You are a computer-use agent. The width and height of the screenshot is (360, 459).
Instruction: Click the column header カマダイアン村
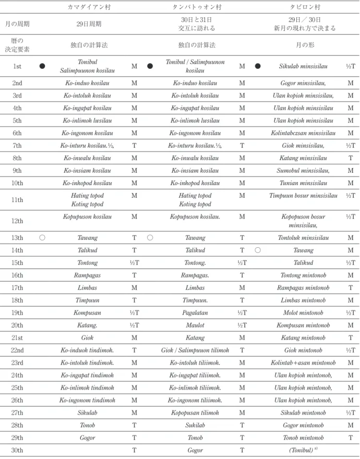(x=89, y=7)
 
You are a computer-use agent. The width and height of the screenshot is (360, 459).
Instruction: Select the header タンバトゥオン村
(x=197, y=7)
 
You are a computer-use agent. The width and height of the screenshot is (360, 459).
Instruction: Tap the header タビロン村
(x=305, y=7)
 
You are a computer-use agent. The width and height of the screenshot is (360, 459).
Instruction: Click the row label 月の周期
(x=17, y=23)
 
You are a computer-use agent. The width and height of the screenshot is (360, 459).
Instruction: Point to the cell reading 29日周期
(x=89, y=23)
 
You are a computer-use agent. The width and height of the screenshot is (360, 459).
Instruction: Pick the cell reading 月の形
(x=305, y=45)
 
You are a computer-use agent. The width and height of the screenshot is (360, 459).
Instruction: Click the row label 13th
(x=17, y=238)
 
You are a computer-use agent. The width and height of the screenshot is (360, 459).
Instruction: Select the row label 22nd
(x=17, y=350)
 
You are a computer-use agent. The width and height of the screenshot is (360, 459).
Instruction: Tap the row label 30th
(x=17, y=450)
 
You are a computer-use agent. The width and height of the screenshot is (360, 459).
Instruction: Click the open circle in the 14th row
(x=258, y=250)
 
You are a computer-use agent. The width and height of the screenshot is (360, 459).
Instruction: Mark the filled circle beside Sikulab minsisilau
(x=258, y=66)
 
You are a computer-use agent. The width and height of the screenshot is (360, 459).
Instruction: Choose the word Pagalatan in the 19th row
(x=195, y=312)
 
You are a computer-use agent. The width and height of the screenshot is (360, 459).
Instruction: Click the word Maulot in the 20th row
(x=195, y=325)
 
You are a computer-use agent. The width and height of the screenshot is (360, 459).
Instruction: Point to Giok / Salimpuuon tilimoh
(x=195, y=350)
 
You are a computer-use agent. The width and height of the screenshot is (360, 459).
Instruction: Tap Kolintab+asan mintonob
(x=303, y=363)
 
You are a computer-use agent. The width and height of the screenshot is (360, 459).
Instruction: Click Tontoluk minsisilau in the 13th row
(x=303, y=238)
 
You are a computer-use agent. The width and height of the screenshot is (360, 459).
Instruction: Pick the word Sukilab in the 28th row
(x=195, y=425)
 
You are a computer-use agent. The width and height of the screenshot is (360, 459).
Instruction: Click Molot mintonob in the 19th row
(x=303, y=312)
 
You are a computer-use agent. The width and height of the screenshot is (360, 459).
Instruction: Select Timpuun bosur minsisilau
(x=303, y=196)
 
